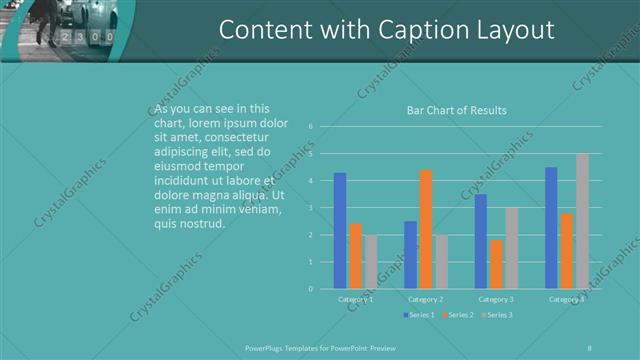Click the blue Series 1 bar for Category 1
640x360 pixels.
(x=340, y=231)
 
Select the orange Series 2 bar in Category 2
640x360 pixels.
(x=425, y=229)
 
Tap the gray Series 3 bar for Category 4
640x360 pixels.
(x=582, y=221)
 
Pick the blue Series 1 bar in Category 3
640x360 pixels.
(x=481, y=241)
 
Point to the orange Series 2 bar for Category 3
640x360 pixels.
(x=496, y=264)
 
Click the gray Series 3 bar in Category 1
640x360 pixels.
(x=371, y=262)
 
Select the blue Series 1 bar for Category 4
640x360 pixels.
(x=551, y=228)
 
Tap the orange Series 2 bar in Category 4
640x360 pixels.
(x=566, y=251)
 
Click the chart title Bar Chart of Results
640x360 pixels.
(x=456, y=110)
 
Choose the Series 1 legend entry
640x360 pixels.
(x=420, y=315)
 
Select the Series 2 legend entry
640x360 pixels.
(x=457, y=315)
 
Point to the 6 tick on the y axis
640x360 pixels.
(x=312, y=127)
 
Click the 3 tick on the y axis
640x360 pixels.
(x=312, y=208)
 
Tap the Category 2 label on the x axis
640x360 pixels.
(x=425, y=299)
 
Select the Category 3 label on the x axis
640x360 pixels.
(x=496, y=299)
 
